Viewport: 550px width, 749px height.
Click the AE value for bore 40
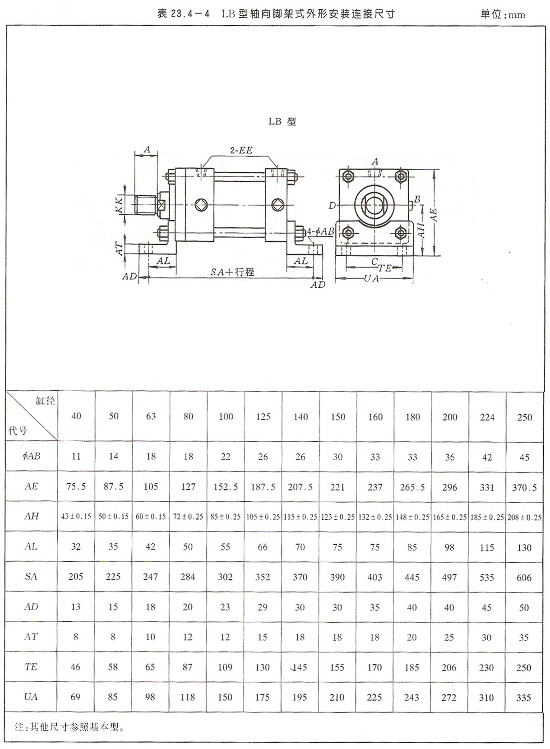click(x=76, y=486)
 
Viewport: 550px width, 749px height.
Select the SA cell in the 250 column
click(x=524, y=577)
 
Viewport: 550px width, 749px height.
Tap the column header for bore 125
click(x=263, y=416)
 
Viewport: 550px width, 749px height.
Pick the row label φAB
click(x=31, y=456)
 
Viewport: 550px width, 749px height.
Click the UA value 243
click(x=411, y=697)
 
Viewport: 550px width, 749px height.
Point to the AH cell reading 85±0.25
click(x=225, y=516)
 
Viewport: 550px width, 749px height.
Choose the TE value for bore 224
click(x=486, y=667)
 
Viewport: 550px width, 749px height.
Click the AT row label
click(x=31, y=637)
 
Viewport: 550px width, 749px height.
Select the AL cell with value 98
click(x=449, y=547)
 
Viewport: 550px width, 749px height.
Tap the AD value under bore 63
click(x=150, y=607)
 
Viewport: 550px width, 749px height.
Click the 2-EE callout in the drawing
click(x=241, y=150)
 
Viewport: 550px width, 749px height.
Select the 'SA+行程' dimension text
click(x=232, y=272)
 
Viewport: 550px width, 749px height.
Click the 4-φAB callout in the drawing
click(x=321, y=231)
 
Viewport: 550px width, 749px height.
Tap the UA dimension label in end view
click(x=371, y=278)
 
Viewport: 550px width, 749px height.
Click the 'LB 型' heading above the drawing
click(x=282, y=121)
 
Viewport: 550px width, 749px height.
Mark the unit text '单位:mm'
click(x=503, y=14)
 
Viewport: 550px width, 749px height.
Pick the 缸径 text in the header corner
click(x=45, y=400)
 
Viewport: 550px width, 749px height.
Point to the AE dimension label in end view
click(x=434, y=214)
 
